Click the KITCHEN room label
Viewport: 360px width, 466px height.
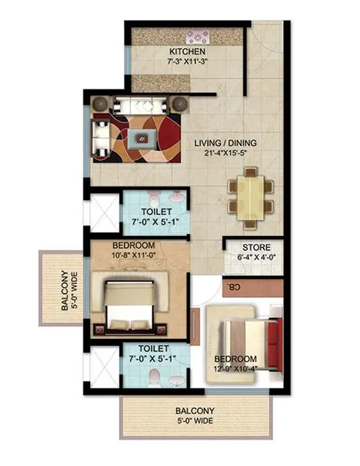[188, 51]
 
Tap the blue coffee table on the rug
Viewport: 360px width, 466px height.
[142, 138]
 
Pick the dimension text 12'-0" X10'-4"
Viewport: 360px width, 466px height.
[235, 370]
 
